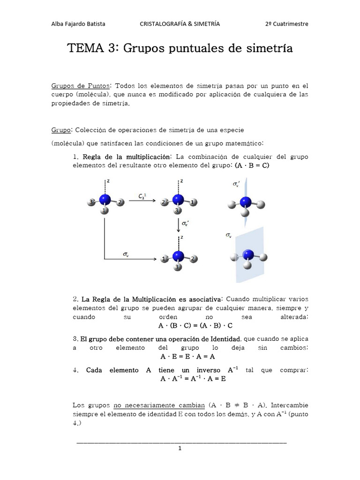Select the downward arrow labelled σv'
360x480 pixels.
coord(179,225)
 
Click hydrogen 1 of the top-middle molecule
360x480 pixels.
coord(192,202)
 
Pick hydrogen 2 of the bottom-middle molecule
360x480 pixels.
coord(193,258)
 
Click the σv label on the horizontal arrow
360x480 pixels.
coord(126,254)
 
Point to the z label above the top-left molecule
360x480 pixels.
coord(109,180)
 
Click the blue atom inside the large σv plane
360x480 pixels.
coord(248,255)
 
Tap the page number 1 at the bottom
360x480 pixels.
coord(180,448)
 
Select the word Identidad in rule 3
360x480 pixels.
coord(226,338)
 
